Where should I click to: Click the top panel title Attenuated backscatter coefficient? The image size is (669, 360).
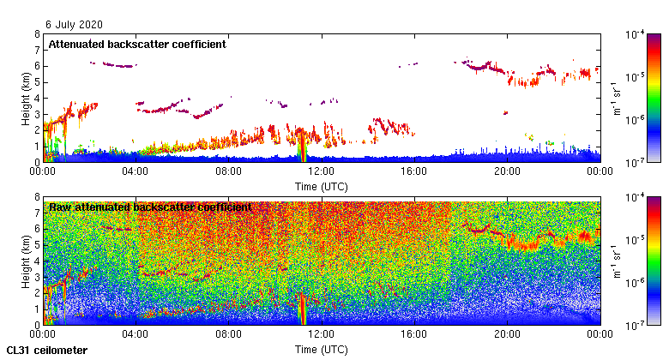(137, 44)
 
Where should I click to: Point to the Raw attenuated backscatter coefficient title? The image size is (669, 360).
(150, 207)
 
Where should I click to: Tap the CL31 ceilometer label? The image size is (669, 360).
(46, 351)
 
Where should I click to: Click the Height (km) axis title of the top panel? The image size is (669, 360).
(27, 98)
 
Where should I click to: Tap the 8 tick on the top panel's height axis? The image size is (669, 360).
(36, 34)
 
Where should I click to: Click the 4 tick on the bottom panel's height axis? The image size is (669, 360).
(36, 261)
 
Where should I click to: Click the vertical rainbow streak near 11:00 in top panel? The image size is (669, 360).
(301, 145)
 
